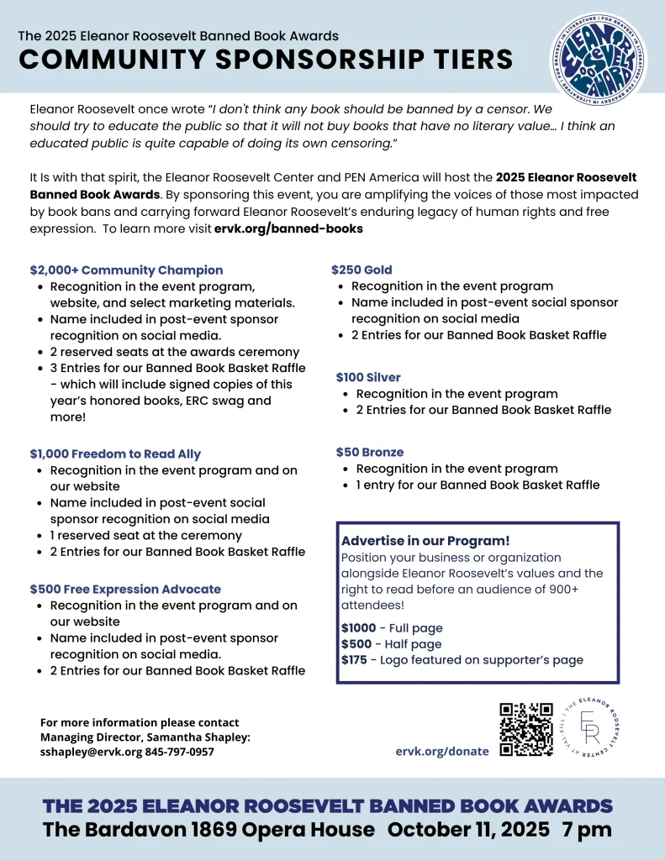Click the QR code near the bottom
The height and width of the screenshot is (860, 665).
pos(526,729)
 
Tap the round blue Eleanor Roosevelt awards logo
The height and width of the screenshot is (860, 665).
pos(598,58)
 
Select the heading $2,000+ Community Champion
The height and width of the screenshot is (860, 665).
pos(126,270)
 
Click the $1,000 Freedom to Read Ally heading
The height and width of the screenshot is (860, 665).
pos(115,454)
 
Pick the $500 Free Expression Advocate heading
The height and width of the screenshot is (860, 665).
pos(125,590)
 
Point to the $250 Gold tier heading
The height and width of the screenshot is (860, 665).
pos(362,270)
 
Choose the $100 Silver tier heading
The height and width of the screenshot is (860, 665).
pos(368,378)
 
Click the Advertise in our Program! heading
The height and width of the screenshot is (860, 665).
pos(425,541)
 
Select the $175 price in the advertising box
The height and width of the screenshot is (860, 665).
pos(354,660)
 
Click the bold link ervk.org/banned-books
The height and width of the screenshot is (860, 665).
pos(288,228)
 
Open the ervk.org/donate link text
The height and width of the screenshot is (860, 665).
pos(442,751)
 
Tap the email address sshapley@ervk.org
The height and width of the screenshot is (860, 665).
pos(92,752)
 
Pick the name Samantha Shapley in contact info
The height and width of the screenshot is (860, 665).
pos(201,737)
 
